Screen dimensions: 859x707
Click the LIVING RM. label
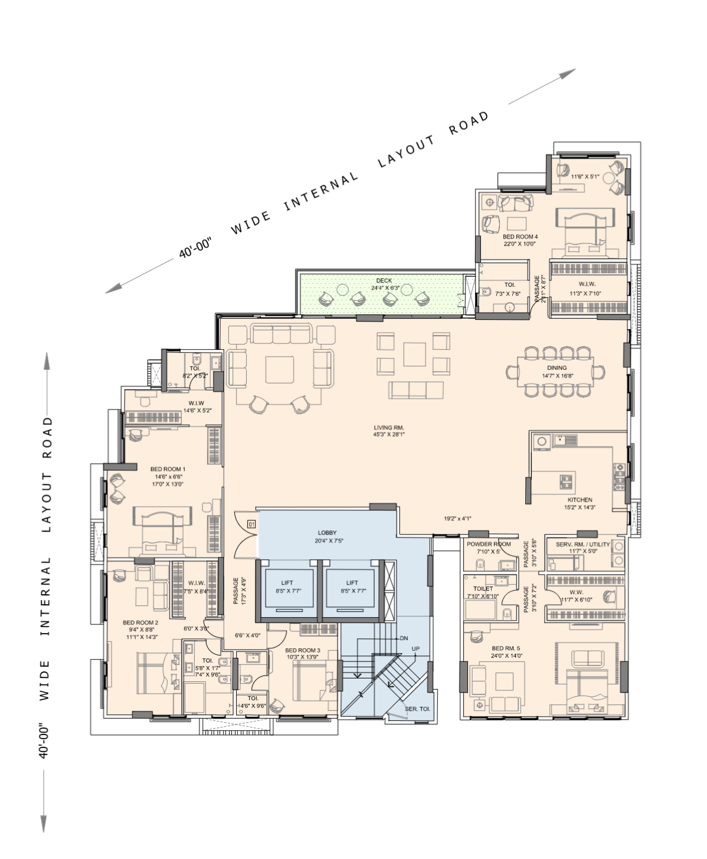389,428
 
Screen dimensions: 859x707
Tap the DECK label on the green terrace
384,281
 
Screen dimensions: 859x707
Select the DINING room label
557,368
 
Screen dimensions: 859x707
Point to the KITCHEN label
580,500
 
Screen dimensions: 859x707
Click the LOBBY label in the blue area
327,533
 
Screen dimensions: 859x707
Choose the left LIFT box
287,586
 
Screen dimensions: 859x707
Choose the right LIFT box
352,586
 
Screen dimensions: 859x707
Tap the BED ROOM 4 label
520,237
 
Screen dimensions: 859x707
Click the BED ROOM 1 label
168,470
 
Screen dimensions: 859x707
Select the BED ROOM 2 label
140,622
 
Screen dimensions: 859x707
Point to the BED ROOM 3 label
303,650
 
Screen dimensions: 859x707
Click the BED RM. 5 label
506,648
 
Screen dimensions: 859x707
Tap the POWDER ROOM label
489,544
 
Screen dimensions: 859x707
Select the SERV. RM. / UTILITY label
582,545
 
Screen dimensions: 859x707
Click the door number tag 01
251,524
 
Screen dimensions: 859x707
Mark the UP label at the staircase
415,649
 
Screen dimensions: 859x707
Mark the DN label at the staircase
404,638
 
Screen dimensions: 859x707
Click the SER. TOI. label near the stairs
417,709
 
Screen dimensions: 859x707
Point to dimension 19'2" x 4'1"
457,519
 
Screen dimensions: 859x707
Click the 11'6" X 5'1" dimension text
585,176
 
